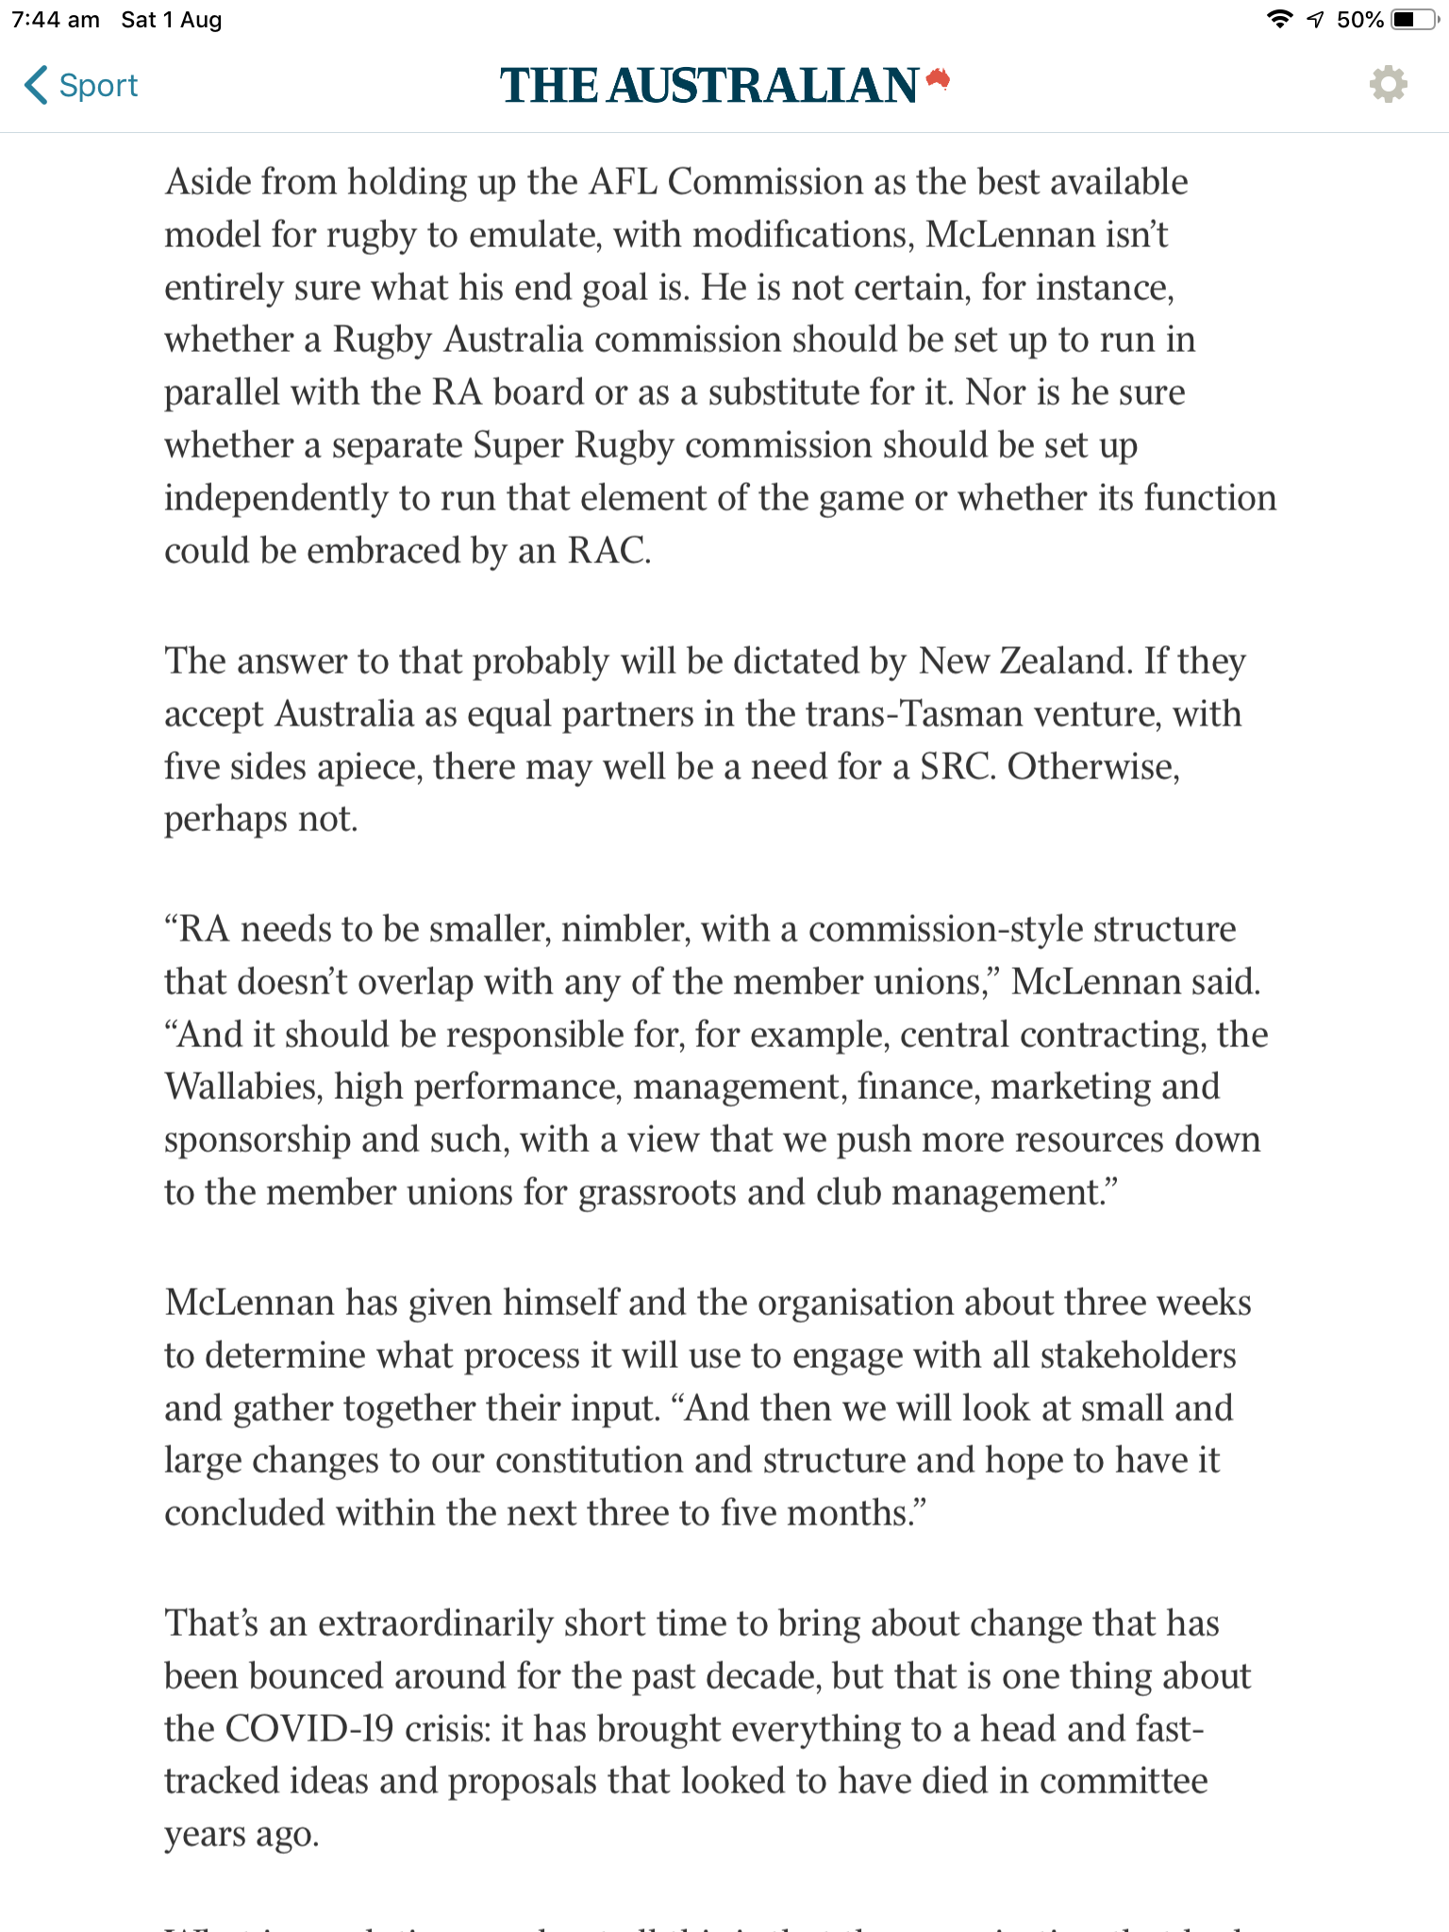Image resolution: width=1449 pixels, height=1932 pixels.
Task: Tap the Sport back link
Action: [x=82, y=85]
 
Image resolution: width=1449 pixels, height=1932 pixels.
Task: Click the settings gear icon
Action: [x=1388, y=85]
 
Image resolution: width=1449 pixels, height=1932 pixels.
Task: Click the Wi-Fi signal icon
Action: [x=1278, y=20]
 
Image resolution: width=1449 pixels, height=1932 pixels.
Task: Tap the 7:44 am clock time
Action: [x=56, y=20]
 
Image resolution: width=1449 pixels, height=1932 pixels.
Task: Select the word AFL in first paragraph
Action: [x=623, y=181]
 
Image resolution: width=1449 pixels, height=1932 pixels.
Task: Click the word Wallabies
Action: [x=241, y=1087]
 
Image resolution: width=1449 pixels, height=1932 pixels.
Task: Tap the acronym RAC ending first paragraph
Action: [x=608, y=551]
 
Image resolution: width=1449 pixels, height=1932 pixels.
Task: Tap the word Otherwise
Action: [x=1093, y=766]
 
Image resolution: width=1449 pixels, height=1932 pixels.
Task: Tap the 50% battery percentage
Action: [x=1359, y=20]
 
